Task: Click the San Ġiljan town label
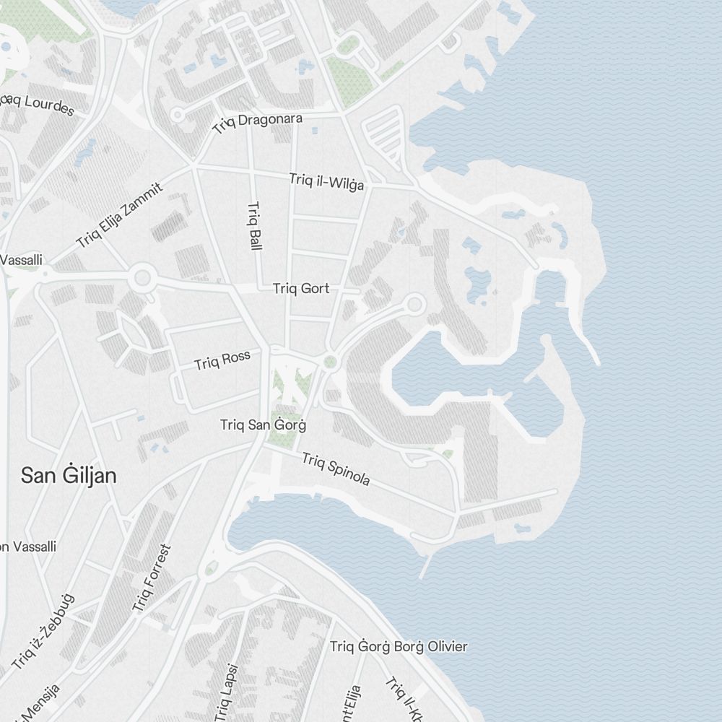[69, 476]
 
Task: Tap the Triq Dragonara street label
[258, 123]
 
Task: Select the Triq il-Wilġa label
[326, 181]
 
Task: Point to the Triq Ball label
[253, 226]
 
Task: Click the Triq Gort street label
[301, 289]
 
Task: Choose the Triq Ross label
[222, 360]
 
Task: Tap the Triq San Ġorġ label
[263, 425]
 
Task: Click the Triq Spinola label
[336, 469]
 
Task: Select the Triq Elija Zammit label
[120, 215]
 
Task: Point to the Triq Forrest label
[153, 578]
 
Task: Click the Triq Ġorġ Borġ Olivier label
[399, 647]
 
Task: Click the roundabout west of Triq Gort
[142, 277]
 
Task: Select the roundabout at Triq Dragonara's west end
[178, 114]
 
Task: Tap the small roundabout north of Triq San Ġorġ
[331, 362]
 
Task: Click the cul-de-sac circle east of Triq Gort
[414, 304]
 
